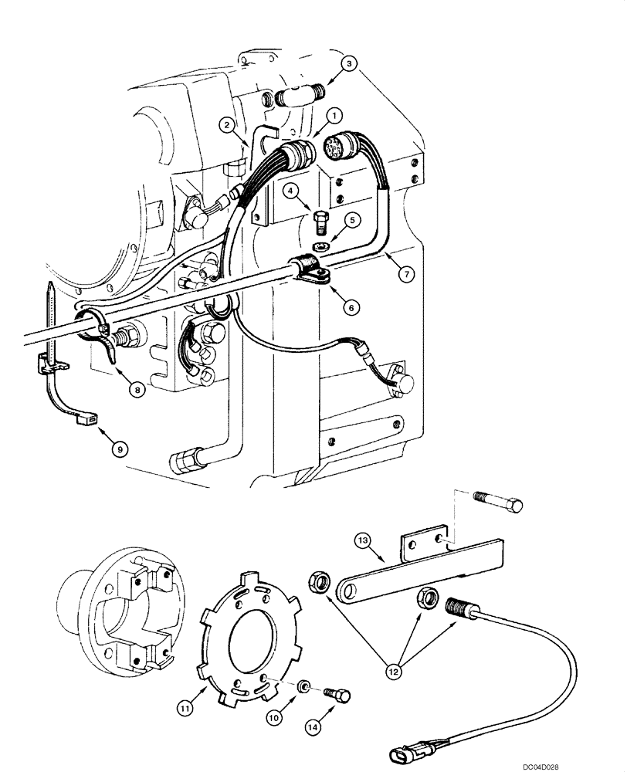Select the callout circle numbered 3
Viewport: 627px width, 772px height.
click(351, 63)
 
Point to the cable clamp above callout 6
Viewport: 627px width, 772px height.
click(309, 271)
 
